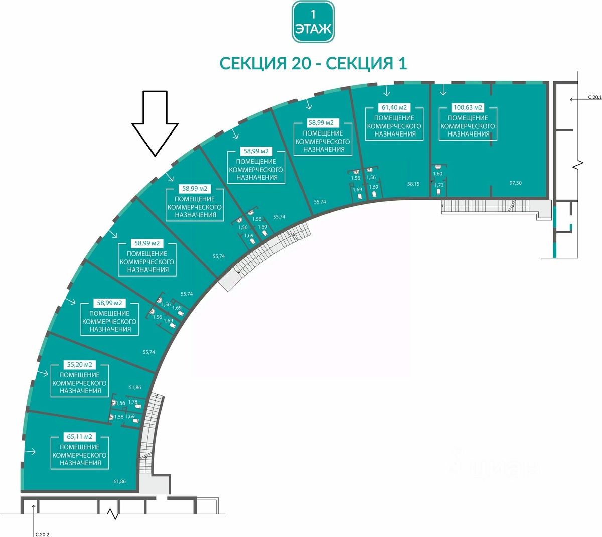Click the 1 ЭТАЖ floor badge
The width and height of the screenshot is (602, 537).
click(313, 22)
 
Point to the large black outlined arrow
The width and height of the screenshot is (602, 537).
click(155, 123)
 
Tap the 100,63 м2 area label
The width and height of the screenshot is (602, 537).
click(468, 107)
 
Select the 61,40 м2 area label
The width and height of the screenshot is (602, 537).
click(394, 107)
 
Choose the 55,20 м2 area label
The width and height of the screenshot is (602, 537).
click(79, 364)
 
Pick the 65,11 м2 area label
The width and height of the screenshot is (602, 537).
click(79, 437)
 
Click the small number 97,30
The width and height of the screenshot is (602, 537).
click(516, 183)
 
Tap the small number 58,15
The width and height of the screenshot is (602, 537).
click(413, 184)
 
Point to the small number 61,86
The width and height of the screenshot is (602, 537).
click(120, 481)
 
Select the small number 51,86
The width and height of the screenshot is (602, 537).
click(135, 388)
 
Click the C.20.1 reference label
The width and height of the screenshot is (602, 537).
click(595, 97)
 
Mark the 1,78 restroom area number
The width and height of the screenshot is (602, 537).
click(133, 402)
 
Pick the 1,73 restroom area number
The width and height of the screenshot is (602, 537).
click(439, 185)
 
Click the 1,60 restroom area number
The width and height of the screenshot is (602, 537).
click(438, 174)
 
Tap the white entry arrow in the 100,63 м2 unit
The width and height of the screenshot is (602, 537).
click(443, 90)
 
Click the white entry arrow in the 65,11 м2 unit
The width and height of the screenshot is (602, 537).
click(30, 452)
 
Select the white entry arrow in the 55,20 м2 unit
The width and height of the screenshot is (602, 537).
click(42, 373)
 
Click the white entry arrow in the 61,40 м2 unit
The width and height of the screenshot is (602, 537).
click(387, 91)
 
